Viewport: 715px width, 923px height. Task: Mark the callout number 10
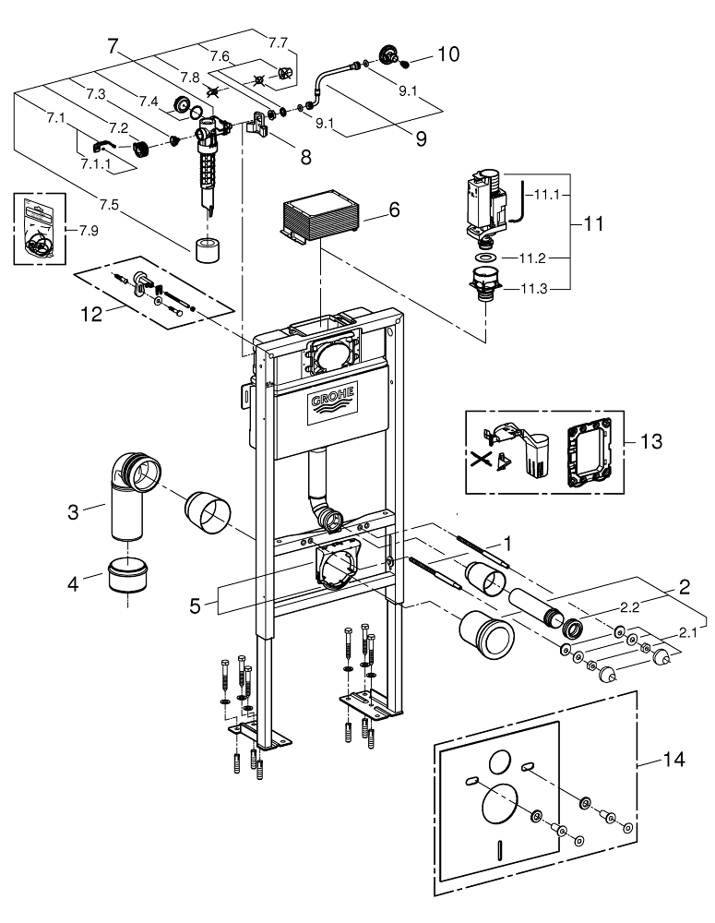(x=447, y=54)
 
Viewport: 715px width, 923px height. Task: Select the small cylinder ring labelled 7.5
(x=208, y=249)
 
